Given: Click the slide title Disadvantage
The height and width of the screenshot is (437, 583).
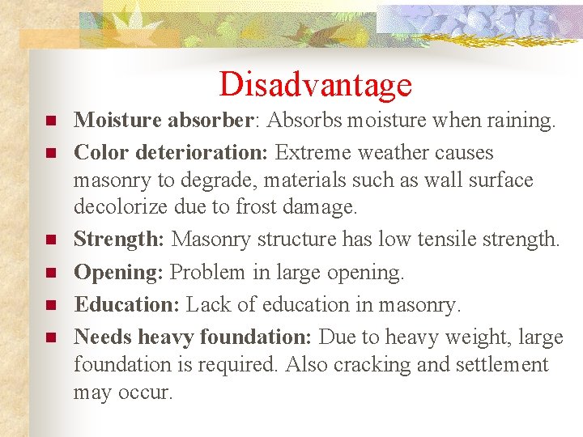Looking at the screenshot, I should pos(315,84).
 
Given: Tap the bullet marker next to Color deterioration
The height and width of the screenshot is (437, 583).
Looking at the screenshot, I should pos(50,153).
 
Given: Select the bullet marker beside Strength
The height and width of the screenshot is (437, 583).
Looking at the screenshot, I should pos(50,240).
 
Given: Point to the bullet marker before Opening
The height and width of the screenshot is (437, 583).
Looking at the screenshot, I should pos(50,274).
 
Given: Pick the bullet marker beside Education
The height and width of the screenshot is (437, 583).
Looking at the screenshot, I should pos(50,305).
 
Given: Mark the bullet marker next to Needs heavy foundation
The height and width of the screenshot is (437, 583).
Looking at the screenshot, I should pos(50,336).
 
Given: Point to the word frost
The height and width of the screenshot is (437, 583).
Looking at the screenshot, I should pos(257,207).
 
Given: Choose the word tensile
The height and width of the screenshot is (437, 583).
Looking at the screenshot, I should pos(435,240).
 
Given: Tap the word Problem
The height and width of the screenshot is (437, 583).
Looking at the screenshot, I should pos(209,274).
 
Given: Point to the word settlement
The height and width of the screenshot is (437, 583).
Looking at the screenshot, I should pos(498,365).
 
